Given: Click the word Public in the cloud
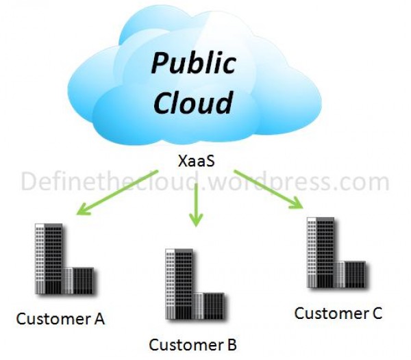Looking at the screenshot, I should (x=194, y=63).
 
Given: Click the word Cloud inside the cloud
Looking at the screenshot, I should (x=193, y=104).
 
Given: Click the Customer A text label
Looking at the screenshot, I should (x=60, y=319).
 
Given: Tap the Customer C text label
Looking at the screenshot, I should (x=338, y=313).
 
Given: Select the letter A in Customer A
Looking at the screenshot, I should (x=99, y=319).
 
